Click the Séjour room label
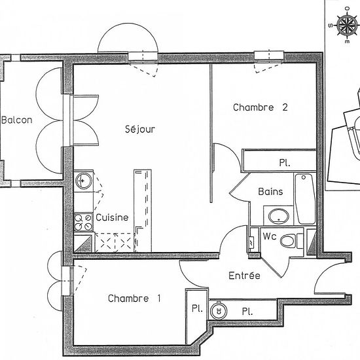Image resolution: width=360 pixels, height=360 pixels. click(140, 130)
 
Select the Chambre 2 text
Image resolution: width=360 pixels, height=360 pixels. click(261, 108)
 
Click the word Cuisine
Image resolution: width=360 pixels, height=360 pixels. click(112, 218)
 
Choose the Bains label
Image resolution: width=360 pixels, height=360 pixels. click(270, 192)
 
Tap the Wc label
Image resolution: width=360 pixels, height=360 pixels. click(268, 236)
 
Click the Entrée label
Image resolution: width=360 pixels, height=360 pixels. click(244, 276)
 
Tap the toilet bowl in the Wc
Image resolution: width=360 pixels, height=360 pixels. click(288, 242)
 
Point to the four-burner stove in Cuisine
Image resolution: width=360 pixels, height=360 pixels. click(84, 222)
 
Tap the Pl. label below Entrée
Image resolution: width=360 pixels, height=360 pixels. click(247, 311)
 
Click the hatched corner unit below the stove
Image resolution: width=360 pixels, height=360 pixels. click(82, 243)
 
